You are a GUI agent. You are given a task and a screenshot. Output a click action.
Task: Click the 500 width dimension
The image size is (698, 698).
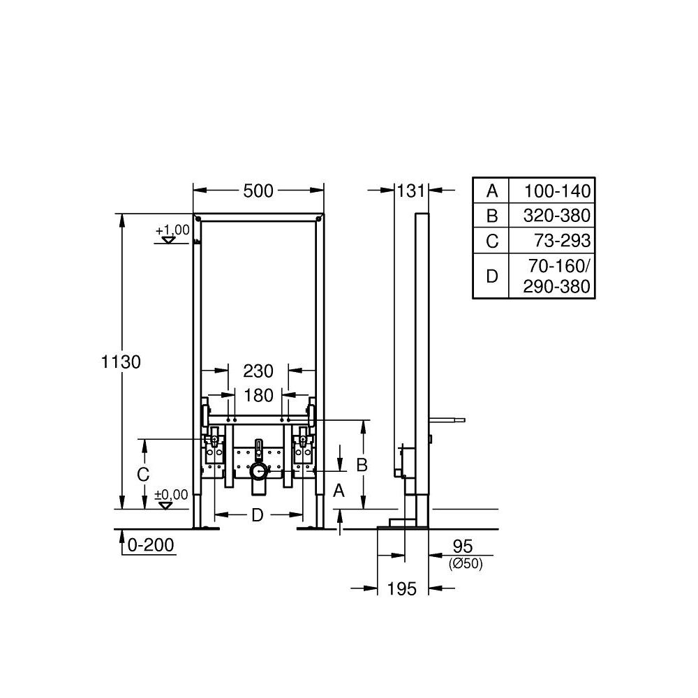coord(258,191)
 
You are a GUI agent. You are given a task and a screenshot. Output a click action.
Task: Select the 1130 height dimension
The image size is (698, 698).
coord(121,362)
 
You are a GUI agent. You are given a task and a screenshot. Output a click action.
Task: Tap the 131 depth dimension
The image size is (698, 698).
coord(411,191)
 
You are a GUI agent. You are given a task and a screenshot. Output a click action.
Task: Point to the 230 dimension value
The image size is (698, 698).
coord(258,371)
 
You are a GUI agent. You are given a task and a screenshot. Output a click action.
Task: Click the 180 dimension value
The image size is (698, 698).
coord(259,395)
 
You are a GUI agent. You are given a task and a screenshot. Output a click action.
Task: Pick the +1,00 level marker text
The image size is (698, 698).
coord(172,230)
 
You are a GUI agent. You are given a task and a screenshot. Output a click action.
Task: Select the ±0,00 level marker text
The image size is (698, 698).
coord(172,495)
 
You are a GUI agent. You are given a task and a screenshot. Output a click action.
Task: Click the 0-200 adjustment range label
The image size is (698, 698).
coord(151,545)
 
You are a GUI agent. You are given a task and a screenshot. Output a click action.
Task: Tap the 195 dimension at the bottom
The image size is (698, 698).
coord(402,589)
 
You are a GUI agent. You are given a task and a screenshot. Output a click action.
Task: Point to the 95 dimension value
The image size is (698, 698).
coord(463,547)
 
